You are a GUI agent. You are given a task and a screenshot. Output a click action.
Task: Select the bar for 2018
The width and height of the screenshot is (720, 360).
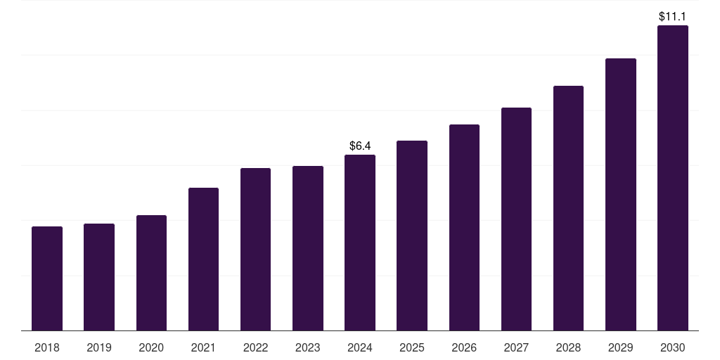coord(47,278)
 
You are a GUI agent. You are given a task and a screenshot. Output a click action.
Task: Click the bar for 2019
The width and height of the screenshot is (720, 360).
coord(99,277)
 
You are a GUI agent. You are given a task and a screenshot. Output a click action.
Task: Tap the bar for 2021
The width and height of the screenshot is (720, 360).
coord(203,259)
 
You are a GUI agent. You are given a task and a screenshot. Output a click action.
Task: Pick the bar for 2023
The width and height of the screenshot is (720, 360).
coord(308,248)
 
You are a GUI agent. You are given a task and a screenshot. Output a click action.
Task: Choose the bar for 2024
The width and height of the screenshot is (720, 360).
coord(360,243)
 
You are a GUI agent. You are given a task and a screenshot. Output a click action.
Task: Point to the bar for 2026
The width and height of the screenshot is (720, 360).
coord(464,227)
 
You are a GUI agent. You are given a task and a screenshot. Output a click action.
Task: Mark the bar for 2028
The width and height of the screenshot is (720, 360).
coord(568,208)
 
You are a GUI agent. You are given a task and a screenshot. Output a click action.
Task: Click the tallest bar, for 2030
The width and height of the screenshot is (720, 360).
coord(673,178)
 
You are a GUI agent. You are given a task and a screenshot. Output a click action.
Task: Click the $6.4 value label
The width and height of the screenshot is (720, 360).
coord(360,146)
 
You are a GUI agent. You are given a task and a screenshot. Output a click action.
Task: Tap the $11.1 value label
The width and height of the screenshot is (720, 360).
coord(672,17)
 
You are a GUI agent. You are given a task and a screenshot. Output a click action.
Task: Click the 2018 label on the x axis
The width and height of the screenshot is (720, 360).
coord(47,347)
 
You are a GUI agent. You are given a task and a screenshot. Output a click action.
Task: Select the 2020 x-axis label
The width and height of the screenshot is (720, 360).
coord(151,347)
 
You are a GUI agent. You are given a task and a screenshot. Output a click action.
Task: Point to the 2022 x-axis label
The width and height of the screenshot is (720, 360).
coord(255,347)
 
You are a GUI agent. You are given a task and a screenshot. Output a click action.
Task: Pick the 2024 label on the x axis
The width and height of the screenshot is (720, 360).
coord(360,347)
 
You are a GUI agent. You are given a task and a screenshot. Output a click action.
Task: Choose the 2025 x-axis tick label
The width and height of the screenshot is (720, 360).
coord(412,347)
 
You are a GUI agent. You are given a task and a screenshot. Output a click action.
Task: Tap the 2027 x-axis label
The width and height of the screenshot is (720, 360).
coord(516,347)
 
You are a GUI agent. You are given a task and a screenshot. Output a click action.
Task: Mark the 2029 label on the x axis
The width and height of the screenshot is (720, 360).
coord(620,347)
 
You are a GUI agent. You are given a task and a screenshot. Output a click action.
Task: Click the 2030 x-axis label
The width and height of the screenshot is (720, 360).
coord(673,347)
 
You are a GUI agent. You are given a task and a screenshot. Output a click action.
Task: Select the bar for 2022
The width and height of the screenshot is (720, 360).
coord(255,250)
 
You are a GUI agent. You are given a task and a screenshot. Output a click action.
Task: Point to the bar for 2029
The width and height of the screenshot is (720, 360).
coord(620,195)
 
